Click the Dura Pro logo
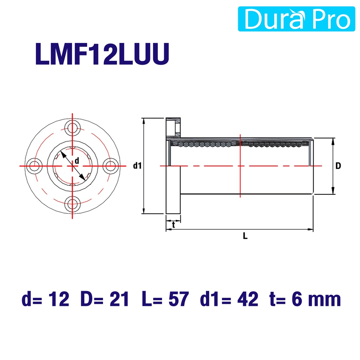[x=296, y=19]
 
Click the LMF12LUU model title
[x=102, y=54]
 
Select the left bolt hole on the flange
[x=34, y=166]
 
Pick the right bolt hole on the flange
[x=110, y=166]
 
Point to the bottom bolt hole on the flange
[x=72, y=204]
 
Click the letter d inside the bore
[x=77, y=161]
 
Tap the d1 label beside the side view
[x=137, y=166]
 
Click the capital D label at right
[x=338, y=166]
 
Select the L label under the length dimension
[x=245, y=236]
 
